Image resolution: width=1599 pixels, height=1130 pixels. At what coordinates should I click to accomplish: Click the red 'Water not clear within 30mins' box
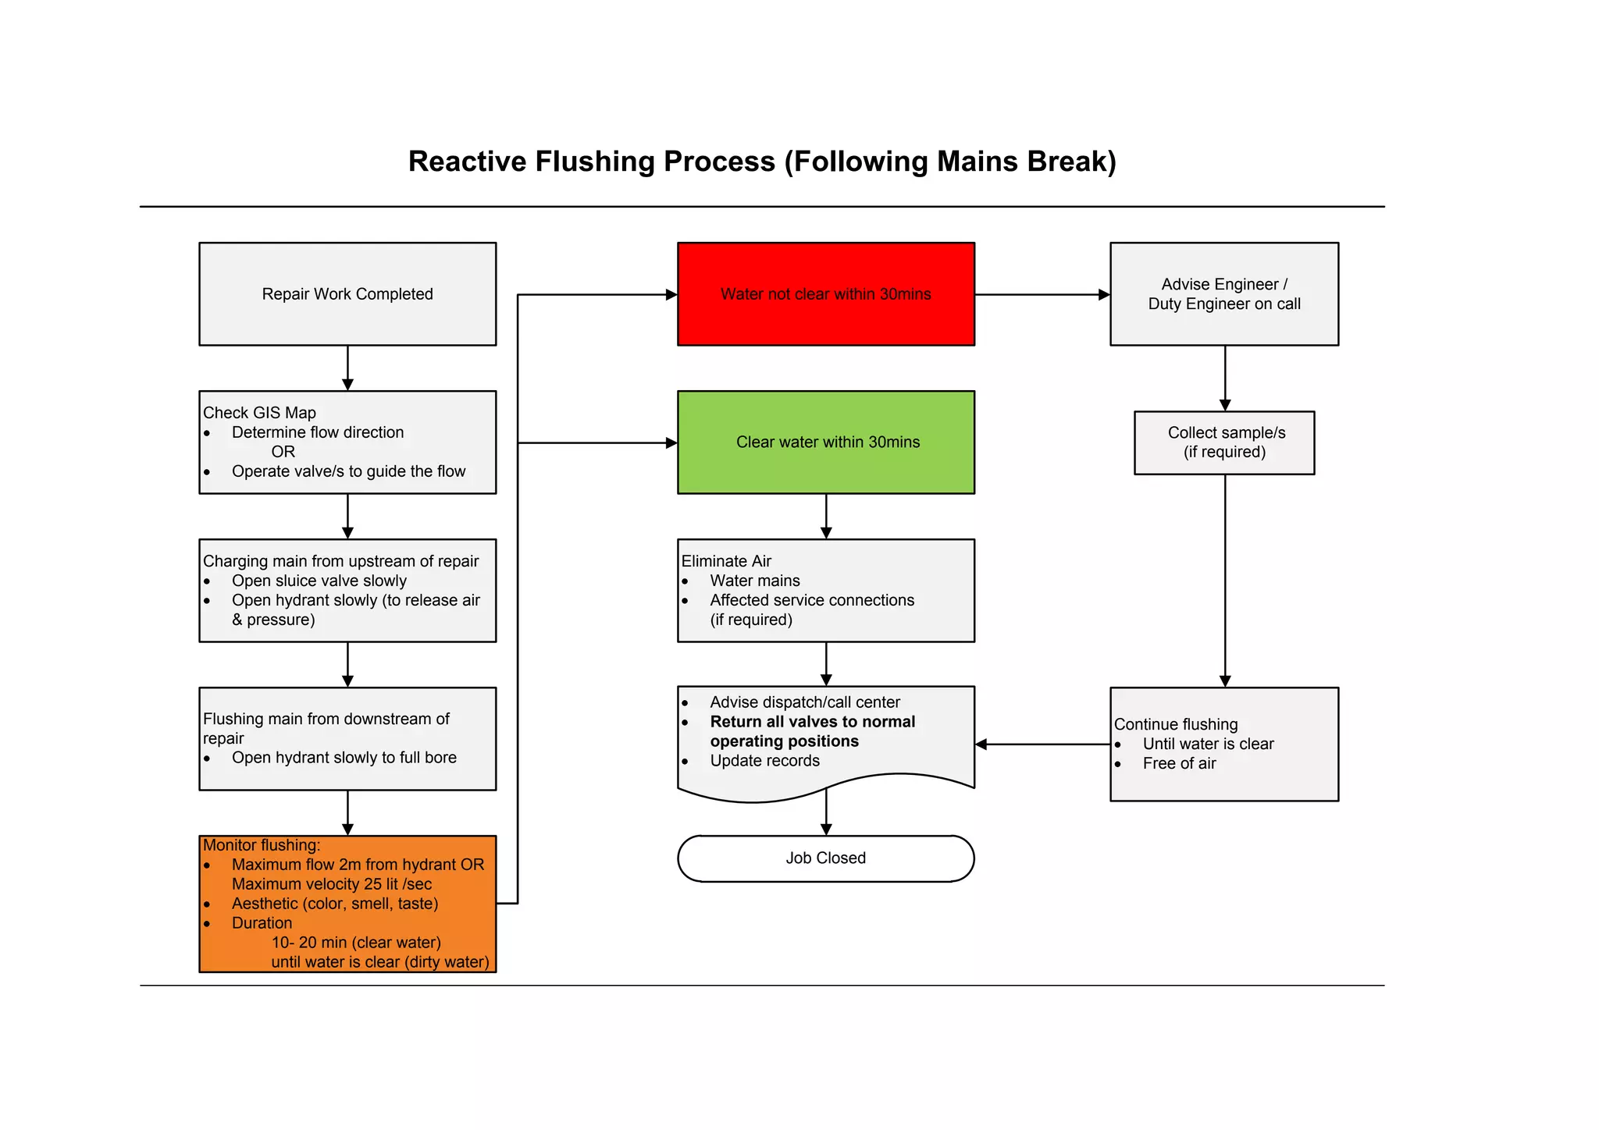pos(825,293)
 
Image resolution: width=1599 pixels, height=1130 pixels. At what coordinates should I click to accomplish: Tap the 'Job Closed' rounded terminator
pos(825,858)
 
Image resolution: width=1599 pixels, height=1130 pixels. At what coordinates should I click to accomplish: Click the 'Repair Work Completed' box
pos(347,293)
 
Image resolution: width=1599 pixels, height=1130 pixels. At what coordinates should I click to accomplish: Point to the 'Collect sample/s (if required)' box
pos(1223,442)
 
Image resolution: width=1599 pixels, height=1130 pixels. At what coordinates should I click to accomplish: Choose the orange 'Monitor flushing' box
pos(347,903)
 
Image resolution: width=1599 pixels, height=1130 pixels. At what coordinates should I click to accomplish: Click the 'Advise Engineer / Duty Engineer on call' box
pos(1223,293)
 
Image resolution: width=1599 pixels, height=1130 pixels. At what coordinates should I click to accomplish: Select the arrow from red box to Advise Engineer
pos(1042,294)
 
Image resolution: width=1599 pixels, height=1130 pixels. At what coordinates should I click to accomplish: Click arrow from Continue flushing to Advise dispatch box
pos(1042,744)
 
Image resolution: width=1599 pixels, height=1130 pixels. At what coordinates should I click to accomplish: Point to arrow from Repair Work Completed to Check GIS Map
pos(347,368)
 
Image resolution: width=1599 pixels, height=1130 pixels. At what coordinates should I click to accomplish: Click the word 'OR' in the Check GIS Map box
pos(283,452)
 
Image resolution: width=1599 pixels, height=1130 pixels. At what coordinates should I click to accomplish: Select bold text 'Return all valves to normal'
pos(812,722)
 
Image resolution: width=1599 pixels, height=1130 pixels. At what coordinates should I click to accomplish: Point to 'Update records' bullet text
pos(764,761)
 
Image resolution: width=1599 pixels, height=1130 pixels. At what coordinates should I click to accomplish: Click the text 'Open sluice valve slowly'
pos(319,581)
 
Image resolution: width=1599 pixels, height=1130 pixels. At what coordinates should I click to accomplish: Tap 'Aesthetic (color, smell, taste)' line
pos(334,904)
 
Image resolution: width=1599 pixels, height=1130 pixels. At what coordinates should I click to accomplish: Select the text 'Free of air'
pos(1179,764)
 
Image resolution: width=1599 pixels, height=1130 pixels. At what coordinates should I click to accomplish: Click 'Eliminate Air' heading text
pos(726,561)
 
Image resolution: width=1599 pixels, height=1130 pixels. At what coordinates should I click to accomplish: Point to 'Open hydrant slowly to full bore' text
pos(344,758)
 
